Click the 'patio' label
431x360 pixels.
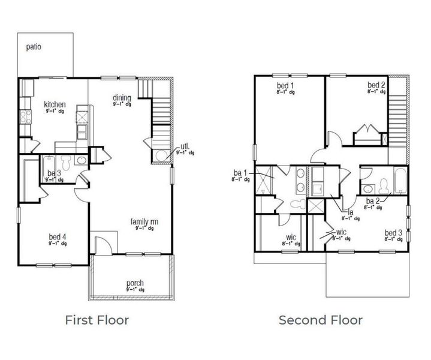pyautogui.click(x=34, y=47)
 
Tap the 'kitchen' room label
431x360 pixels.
pyautogui.click(x=55, y=104)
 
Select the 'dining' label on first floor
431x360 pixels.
pyautogui.click(x=122, y=97)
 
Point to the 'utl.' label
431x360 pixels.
pyautogui.click(x=185, y=146)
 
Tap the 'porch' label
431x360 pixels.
pyautogui.click(x=135, y=283)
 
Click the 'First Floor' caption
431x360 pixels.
pyautogui.click(x=97, y=320)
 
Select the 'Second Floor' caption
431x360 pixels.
pyautogui.click(x=320, y=320)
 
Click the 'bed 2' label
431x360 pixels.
pyautogui.click(x=376, y=86)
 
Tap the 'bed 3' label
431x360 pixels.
pyautogui.click(x=393, y=232)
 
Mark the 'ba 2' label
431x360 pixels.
pyautogui.click(x=373, y=200)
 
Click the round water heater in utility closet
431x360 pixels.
pyautogui.click(x=161, y=156)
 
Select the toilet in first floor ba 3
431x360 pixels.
pyautogui.click(x=67, y=163)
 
